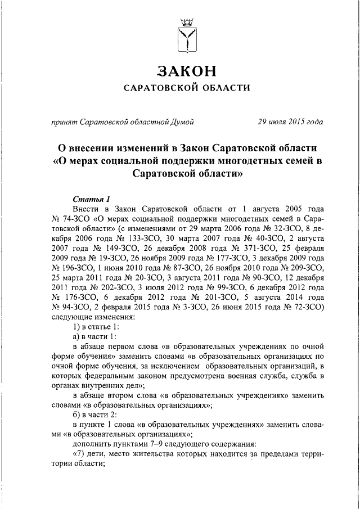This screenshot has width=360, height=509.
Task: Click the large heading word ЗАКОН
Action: [186, 71]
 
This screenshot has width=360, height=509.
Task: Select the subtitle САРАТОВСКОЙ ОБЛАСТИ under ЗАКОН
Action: [186, 88]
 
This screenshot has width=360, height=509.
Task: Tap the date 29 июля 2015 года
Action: [290, 121]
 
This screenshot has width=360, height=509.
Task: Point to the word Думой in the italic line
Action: [182, 121]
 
